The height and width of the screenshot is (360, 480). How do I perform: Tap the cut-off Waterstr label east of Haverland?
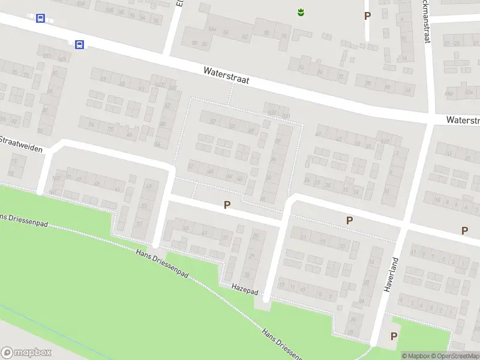(x=463, y=120)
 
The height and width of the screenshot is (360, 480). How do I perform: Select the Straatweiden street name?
(x=22, y=143)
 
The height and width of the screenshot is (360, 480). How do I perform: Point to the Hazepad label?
(x=245, y=289)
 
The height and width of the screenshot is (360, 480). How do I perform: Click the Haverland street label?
(x=391, y=274)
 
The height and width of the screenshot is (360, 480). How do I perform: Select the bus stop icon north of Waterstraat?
(x=40, y=19)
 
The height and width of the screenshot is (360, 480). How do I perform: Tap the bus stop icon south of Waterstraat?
(x=79, y=44)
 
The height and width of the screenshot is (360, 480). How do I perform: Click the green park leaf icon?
(x=301, y=11)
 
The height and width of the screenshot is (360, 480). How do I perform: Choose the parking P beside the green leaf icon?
(x=367, y=16)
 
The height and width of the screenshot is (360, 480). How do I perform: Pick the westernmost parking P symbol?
(x=227, y=205)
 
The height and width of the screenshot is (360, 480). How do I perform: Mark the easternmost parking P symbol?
(x=464, y=230)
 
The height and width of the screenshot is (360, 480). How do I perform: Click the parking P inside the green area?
(x=394, y=336)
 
